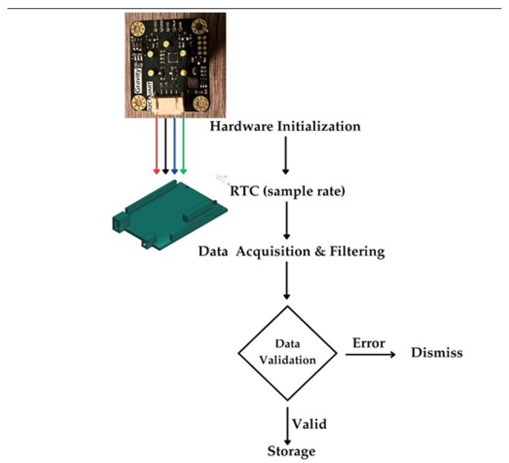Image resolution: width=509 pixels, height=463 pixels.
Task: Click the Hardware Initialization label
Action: [285, 126]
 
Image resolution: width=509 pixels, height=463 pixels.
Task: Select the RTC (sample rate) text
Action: [287, 191]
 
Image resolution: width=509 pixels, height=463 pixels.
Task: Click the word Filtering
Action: [357, 252]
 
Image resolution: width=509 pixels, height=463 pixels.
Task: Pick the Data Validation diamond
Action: [287, 353]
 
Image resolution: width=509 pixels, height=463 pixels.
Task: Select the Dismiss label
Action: [437, 353]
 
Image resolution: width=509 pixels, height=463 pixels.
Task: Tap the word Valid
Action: [309, 424]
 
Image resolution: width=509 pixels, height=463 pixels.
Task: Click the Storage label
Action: [291, 451]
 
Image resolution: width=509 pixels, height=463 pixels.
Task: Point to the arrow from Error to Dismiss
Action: [370, 355]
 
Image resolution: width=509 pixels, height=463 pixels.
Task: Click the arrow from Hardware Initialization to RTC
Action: [286, 155]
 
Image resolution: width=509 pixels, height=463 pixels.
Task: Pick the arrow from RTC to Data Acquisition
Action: [287, 220]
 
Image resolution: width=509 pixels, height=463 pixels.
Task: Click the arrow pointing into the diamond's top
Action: [287, 280]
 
